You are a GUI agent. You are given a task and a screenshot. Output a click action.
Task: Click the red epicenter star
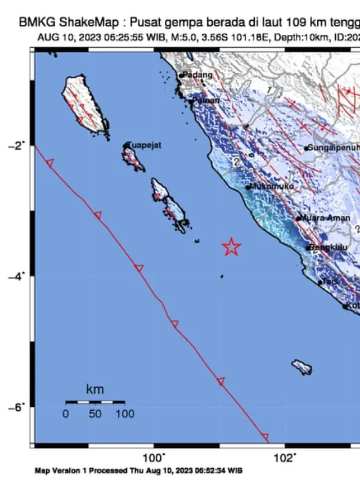click(x=231, y=246)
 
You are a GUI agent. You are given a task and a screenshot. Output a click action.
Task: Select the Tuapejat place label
click(x=145, y=145)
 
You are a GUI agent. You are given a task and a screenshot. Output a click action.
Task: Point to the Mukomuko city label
click(x=273, y=186)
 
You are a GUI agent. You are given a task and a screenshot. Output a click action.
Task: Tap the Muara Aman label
click(x=326, y=218)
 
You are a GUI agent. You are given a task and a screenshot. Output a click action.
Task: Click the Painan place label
click(x=202, y=101)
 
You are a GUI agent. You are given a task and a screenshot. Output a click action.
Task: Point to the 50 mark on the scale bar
click(x=94, y=414)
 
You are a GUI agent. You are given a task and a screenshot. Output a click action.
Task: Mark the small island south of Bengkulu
click(x=302, y=367)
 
